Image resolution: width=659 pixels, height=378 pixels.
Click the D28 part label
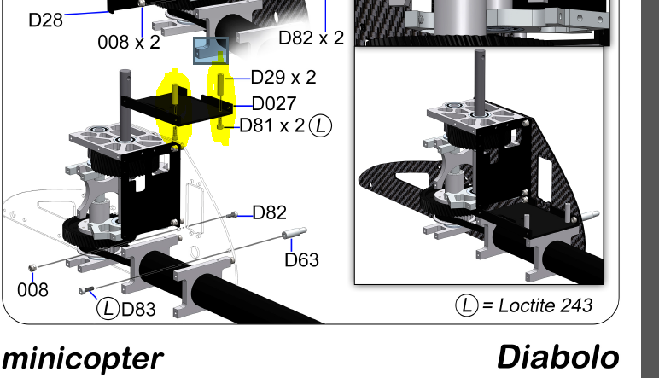pos(46,20)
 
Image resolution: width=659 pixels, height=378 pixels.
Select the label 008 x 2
pos(129,43)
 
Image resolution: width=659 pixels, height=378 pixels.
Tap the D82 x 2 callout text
pos(312,38)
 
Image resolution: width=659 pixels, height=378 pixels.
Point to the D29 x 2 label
pos(283,78)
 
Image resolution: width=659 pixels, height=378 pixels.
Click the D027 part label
pos(274,104)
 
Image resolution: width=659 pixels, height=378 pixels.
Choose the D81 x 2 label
pos(272,125)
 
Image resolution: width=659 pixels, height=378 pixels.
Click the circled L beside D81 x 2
pos(320,125)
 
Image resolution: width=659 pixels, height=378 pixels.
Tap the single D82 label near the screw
pos(270,213)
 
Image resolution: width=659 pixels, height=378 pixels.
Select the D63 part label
pos(302,260)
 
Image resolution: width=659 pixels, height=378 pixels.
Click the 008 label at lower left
pos(32,290)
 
